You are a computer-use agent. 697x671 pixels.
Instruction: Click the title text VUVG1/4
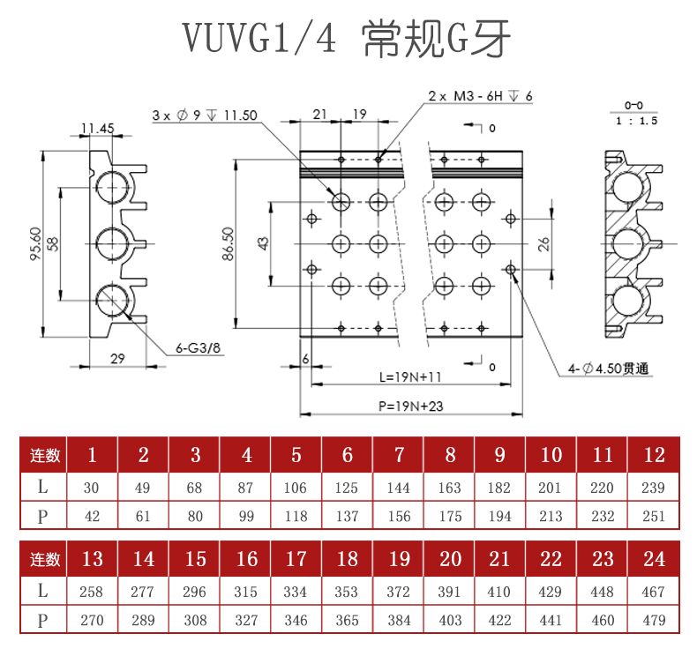click(x=260, y=38)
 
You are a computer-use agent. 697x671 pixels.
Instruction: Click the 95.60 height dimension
click(x=36, y=244)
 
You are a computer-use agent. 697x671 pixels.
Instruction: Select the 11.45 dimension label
click(x=97, y=128)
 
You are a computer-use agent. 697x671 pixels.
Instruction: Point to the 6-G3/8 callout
click(x=199, y=348)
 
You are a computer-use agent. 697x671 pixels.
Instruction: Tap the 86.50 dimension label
click(x=229, y=244)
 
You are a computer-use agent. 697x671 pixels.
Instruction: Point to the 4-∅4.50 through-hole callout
click(x=608, y=369)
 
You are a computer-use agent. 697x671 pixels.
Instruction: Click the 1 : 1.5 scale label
click(x=634, y=121)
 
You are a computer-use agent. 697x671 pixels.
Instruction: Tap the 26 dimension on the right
click(x=543, y=242)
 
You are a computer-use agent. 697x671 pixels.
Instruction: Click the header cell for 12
click(x=654, y=455)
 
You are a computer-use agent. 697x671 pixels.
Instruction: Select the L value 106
click(x=296, y=488)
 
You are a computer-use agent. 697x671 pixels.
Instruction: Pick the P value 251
click(x=654, y=516)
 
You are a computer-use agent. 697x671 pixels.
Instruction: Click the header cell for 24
click(x=654, y=559)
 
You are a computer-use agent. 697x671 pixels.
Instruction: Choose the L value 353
click(x=348, y=592)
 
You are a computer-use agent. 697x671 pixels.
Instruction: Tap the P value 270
click(x=92, y=620)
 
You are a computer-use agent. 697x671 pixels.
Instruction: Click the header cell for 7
click(x=399, y=455)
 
